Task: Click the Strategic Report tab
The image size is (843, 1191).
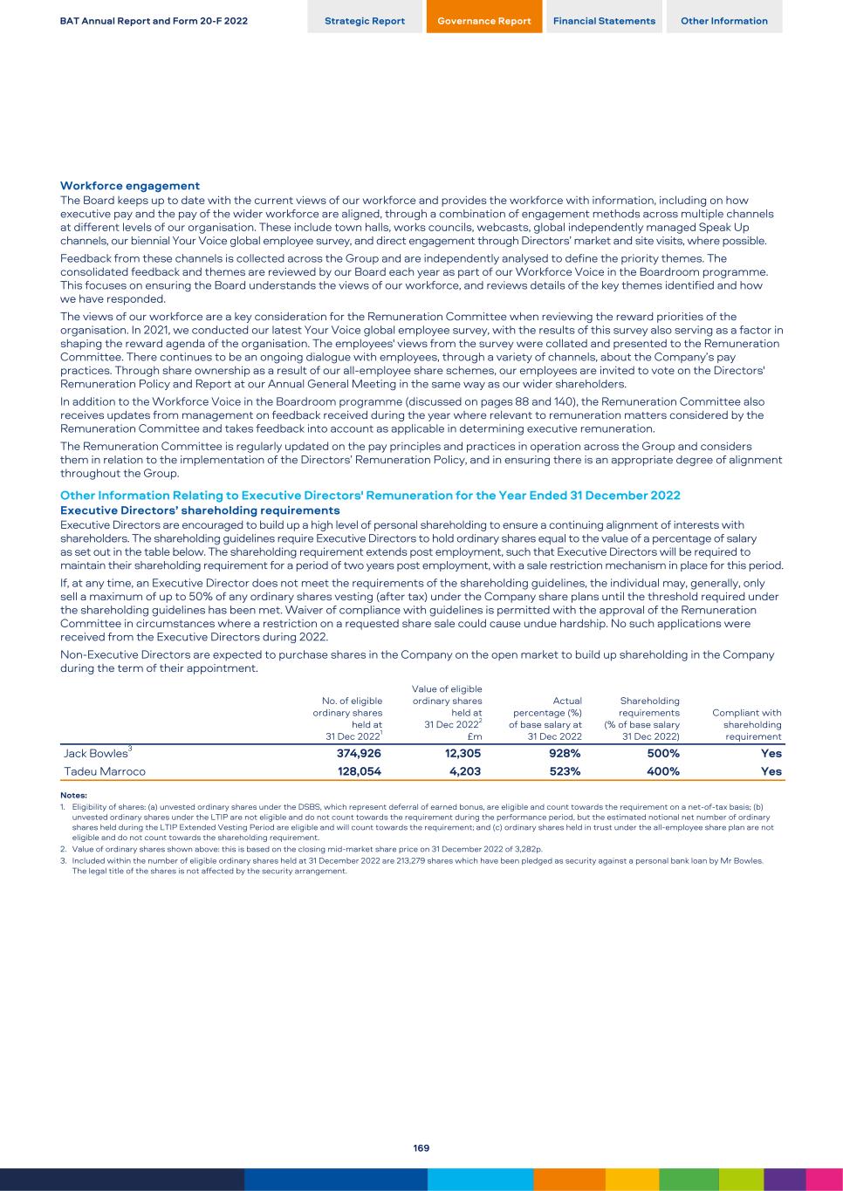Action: coord(365,21)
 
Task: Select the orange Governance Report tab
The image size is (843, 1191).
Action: coord(484,21)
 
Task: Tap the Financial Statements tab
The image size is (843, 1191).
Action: coord(604,21)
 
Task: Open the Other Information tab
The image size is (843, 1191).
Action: coord(724,21)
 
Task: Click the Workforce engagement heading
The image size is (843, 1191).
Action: coord(130,186)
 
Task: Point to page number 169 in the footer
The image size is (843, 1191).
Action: coord(421,1148)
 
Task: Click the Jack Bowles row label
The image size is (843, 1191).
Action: coord(97,754)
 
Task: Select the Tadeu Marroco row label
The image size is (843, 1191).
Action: coord(105,771)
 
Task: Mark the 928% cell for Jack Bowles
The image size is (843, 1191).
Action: coord(564,754)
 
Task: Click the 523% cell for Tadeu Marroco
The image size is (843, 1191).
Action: coord(564,771)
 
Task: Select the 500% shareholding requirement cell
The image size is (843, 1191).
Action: coord(663,754)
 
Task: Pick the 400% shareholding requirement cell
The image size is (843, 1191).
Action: coord(663,771)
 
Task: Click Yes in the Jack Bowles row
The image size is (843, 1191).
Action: coord(771,754)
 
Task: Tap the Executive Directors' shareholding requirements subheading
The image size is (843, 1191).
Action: coord(200,510)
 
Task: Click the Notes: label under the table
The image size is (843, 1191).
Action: coord(73,795)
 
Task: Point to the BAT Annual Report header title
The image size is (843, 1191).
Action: coord(154,21)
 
